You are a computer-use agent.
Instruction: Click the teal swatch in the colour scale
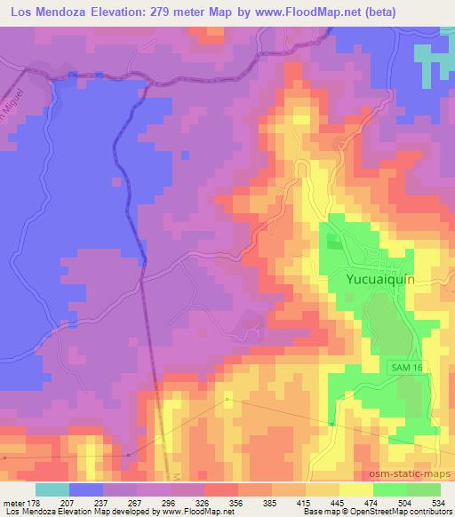[x=52, y=489]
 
